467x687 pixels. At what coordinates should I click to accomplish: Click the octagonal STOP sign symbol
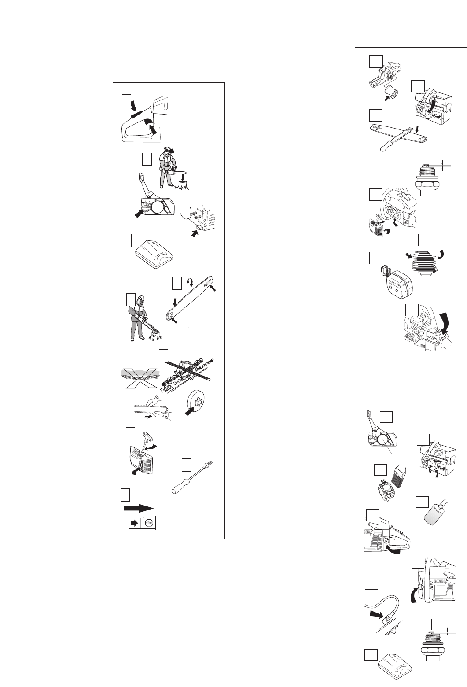(x=149, y=523)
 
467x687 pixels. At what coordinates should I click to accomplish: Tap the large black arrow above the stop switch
(x=138, y=508)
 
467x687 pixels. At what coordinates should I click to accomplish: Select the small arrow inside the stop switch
(x=134, y=523)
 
